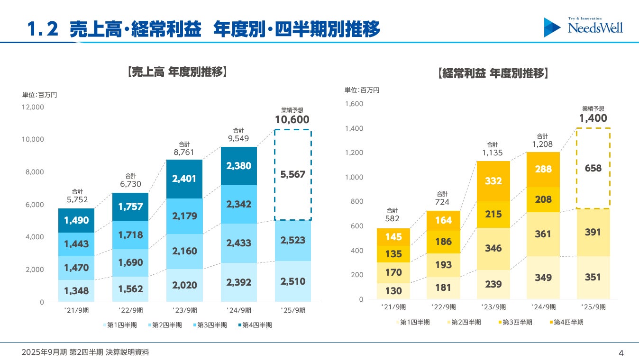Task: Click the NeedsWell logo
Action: (584, 27)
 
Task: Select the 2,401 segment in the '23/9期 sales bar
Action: (184, 179)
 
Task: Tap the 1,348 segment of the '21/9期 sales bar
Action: (76, 290)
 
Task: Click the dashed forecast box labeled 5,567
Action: (293, 174)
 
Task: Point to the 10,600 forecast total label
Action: (292, 120)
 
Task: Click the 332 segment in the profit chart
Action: (493, 181)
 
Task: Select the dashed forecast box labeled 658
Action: (593, 168)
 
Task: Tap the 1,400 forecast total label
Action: (593, 118)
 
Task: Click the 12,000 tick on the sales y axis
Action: (33, 107)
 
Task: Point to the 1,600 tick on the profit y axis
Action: (355, 104)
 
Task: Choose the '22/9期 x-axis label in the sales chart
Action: (130, 311)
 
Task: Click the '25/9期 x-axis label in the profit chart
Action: (593, 307)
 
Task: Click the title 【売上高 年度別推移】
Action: (177, 72)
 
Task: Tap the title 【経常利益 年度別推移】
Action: (493, 73)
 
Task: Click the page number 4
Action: (621, 352)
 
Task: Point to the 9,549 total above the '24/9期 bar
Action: (238, 139)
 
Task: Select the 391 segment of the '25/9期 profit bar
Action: (593, 232)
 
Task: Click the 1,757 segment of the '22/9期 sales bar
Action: (130, 207)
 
